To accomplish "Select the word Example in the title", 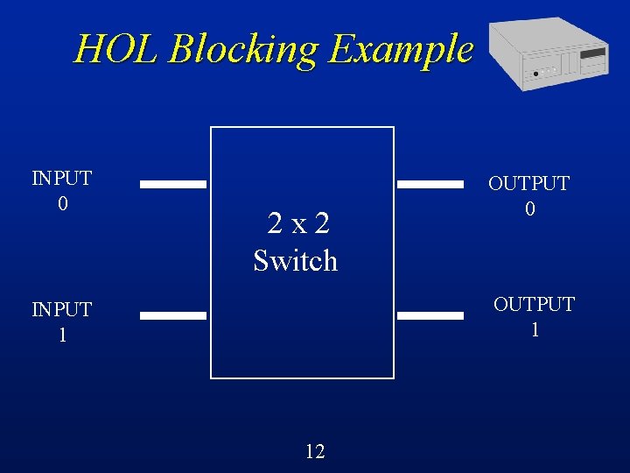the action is coord(400,49).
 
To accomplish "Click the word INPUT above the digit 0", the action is coord(61,179).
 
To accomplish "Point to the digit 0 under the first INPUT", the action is coord(61,203).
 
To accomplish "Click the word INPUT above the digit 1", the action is coord(61,309).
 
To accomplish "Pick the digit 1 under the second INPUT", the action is coord(61,335).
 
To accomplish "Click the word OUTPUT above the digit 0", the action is coord(528,184).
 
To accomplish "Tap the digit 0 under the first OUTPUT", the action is coord(529,209).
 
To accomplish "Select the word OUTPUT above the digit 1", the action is coord(534,304).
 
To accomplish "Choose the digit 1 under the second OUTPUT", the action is coord(535,329).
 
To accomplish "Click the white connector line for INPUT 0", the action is coord(173,185).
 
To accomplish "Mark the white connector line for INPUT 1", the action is coord(173,315).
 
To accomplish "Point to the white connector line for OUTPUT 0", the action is coord(430,185).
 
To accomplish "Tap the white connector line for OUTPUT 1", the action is coord(430,314).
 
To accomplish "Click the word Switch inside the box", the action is coord(295,260).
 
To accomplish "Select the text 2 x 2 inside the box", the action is coord(298,224).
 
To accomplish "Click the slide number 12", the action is coord(315,451).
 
